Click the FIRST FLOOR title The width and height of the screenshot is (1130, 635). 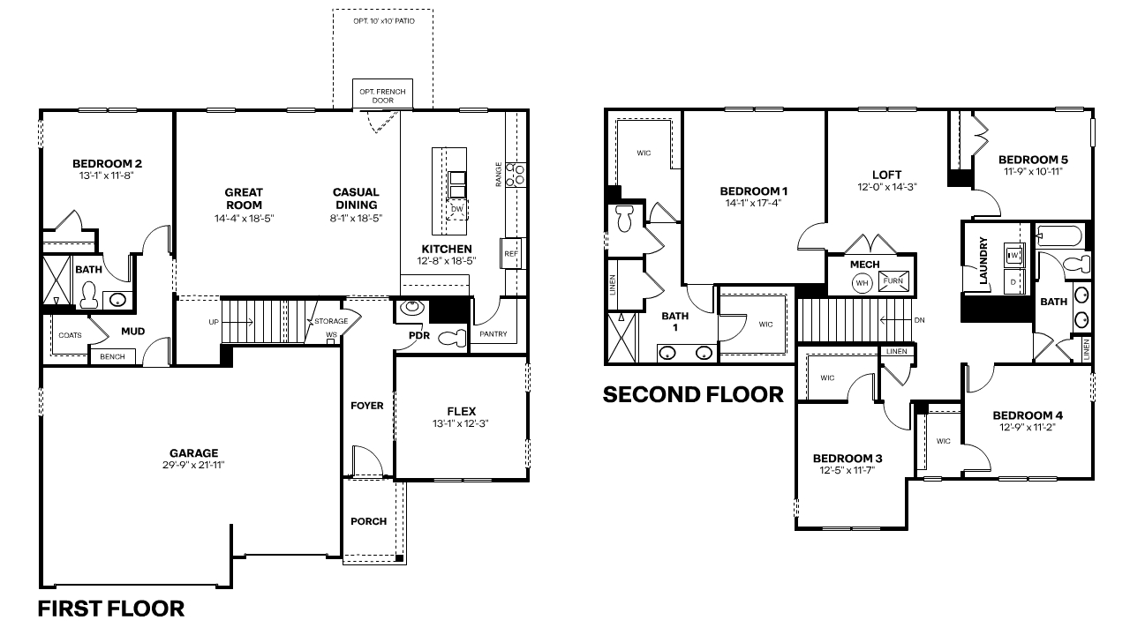111,609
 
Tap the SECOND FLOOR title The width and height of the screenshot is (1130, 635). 693,394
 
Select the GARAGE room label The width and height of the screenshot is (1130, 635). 195,453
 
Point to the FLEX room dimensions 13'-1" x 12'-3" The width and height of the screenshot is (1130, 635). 461,423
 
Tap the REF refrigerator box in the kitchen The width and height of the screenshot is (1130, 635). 510,253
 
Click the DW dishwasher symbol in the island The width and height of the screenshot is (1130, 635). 457,209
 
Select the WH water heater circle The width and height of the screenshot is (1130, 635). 861,283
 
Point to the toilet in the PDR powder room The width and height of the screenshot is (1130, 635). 453,337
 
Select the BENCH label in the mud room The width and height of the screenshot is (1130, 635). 112,356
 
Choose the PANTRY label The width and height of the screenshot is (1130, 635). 493,335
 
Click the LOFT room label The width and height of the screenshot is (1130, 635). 886,175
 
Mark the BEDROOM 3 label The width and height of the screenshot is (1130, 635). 847,458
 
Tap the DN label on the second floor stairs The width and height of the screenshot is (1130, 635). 919,320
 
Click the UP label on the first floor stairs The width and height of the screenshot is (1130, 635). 214,322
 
